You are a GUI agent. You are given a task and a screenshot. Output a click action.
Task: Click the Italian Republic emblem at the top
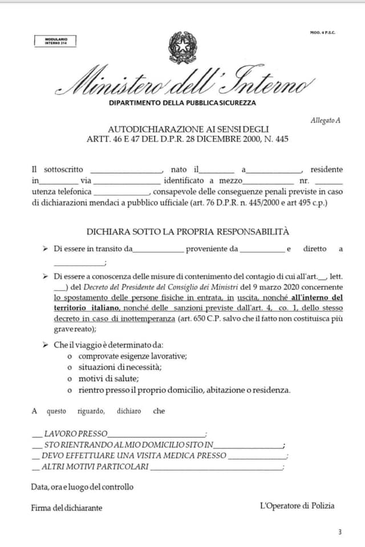pyautogui.click(x=182, y=48)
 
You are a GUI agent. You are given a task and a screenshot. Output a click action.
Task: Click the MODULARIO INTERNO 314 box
pyautogui.click(x=55, y=41)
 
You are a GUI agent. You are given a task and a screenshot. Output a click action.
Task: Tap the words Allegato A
pyautogui.click(x=325, y=120)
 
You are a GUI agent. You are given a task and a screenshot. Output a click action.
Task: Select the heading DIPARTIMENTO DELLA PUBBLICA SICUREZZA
pyautogui.click(x=182, y=103)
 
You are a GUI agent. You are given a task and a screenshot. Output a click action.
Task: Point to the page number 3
pyautogui.click(x=339, y=532)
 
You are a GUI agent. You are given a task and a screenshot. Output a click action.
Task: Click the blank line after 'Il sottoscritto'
pyautogui.click(x=127, y=170)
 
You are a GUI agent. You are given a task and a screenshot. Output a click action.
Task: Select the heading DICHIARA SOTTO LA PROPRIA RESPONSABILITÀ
pyautogui.click(x=188, y=231)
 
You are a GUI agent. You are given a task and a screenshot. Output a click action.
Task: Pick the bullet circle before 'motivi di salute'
pyautogui.click(x=70, y=379)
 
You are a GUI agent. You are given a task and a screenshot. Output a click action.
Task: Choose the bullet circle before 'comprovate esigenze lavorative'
pyautogui.click(x=70, y=356)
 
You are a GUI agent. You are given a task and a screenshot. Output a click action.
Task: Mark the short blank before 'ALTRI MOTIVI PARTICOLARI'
pyautogui.click(x=36, y=468)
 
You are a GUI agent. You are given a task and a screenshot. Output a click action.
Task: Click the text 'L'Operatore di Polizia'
pyautogui.click(x=297, y=505)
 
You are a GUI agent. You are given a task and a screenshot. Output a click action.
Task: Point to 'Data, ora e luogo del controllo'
pyautogui.click(x=82, y=487)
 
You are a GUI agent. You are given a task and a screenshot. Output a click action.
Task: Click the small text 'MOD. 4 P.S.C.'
pyautogui.click(x=323, y=32)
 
